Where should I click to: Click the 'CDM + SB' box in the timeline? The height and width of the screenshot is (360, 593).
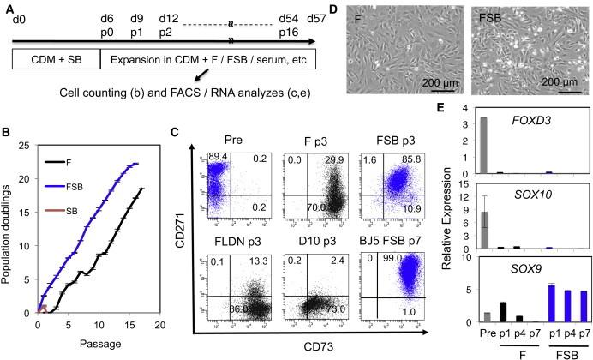pos(56,59)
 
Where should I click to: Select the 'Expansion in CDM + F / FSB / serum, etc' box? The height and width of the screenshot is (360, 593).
pos(209,59)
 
